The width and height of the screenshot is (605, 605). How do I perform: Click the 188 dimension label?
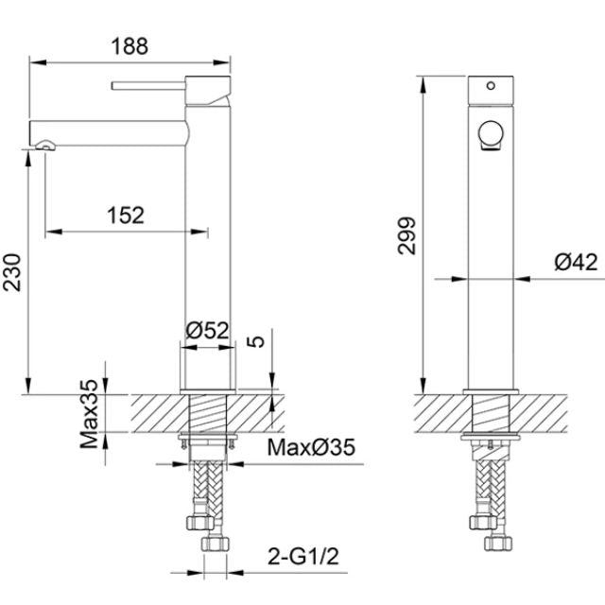point(130,46)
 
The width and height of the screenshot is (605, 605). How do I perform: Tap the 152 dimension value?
point(126,216)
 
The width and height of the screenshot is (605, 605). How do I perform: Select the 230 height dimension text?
point(12,272)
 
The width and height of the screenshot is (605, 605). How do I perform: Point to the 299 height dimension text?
point(406,235)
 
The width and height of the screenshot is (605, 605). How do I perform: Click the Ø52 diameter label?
point(207,330)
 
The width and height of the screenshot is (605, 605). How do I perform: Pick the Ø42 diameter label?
point(576,262)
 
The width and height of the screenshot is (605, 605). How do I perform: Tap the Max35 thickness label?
point(89,414)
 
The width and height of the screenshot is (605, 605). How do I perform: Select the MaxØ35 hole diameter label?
point(311,447)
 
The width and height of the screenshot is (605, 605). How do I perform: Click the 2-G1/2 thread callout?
point(303,557)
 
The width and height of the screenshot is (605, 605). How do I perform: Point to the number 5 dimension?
point(255,341)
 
